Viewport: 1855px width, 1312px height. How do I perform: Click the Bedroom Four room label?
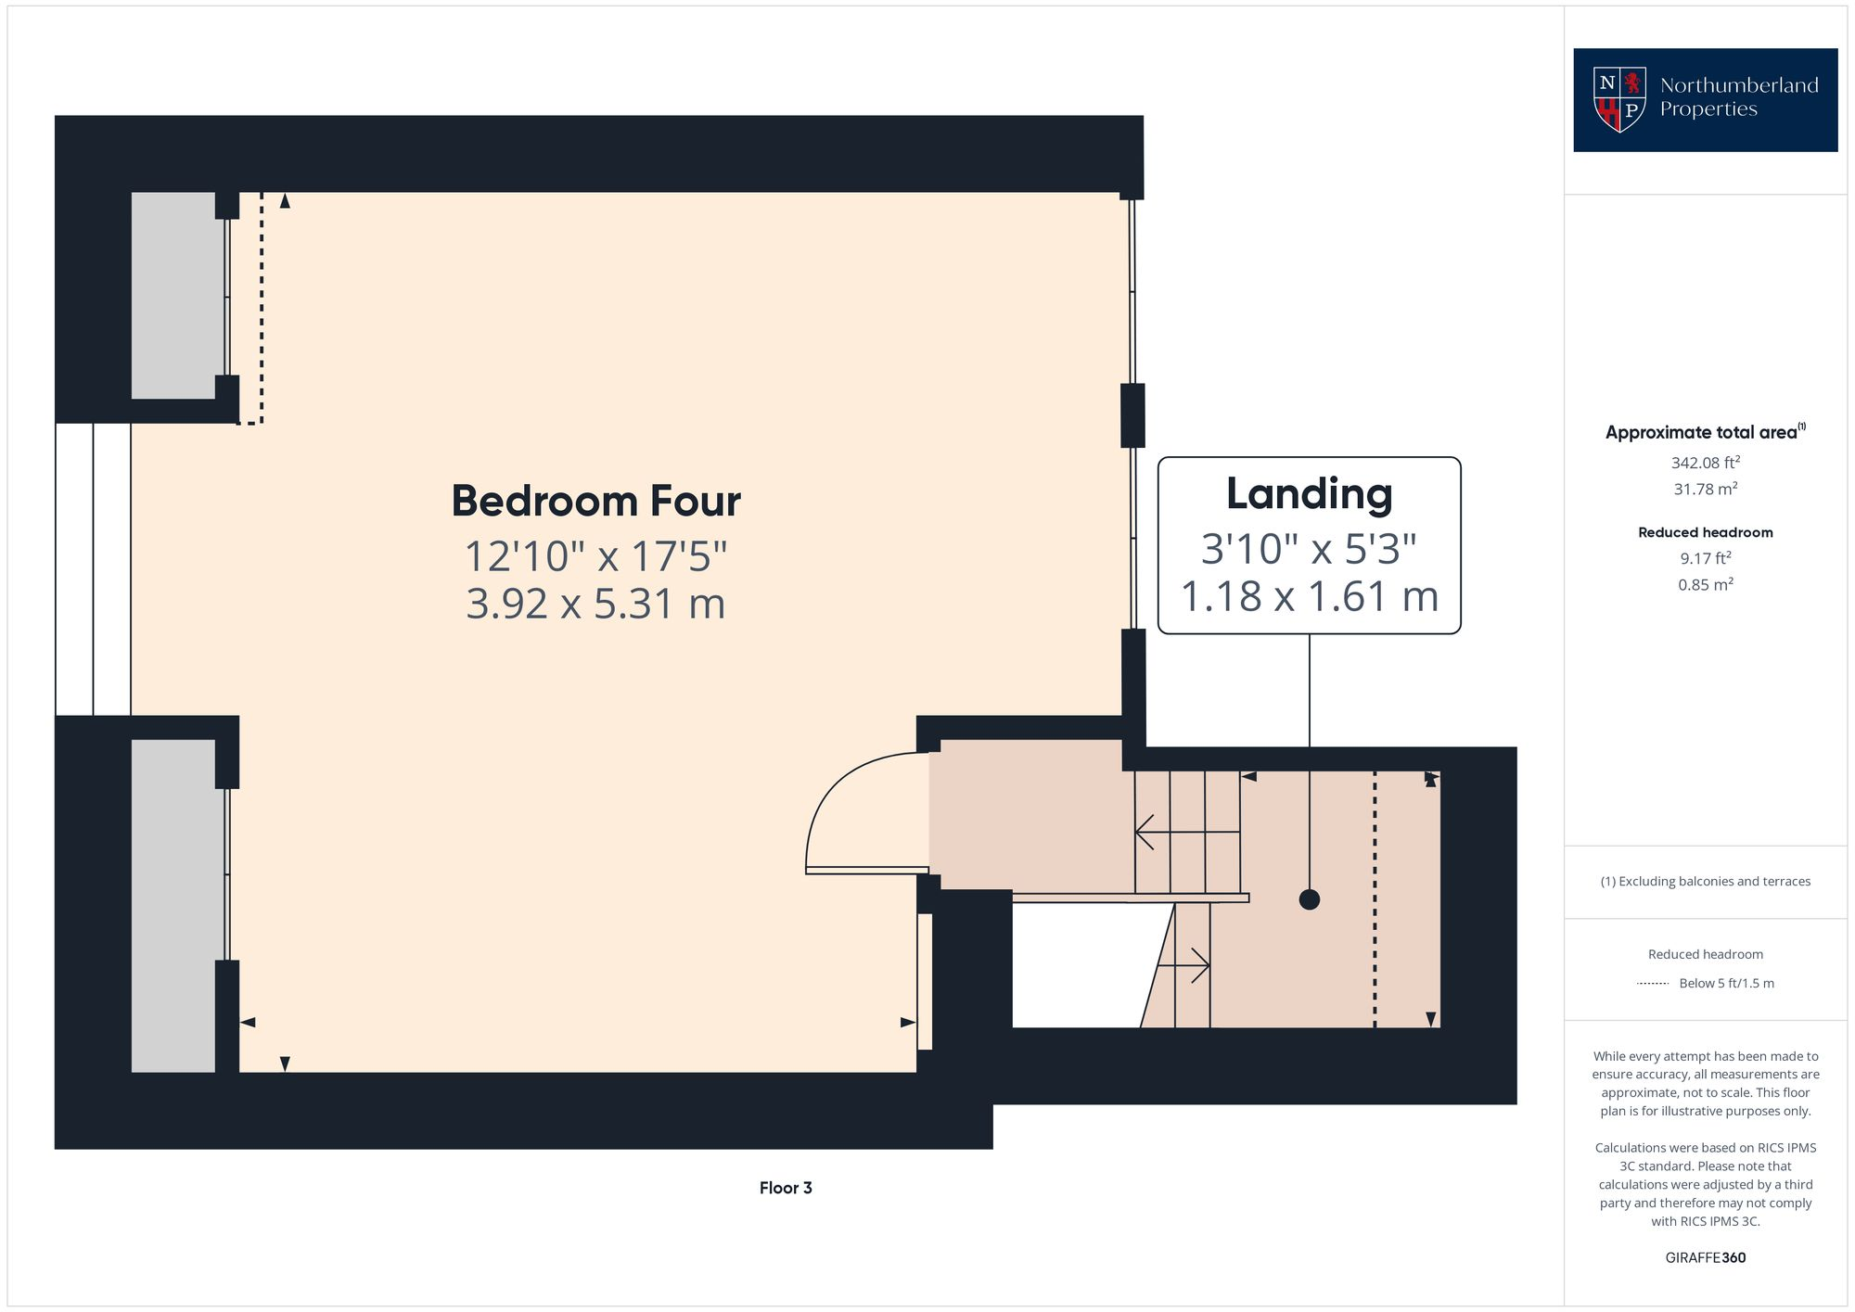pos(595,501)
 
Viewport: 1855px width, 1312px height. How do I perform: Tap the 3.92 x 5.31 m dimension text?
pos(595,604)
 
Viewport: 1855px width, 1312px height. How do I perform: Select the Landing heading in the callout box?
pos(1309,493)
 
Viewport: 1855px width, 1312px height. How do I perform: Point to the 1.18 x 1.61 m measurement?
pos(1309,596)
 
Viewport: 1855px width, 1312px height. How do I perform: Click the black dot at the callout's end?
pos(1309,899)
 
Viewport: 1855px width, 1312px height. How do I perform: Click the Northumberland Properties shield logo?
pos(1619,99)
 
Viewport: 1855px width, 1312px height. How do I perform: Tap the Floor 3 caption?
pos(786,1188)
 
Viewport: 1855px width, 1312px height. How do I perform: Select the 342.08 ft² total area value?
pos(1705,462)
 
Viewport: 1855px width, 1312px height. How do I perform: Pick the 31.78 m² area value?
pos(1705,489)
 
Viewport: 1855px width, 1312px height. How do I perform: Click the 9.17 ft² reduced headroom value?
pos(1705,558)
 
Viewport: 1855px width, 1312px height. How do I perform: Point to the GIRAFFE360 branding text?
pos(1705,1257)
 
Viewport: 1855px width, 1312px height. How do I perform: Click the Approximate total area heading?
pos(1705,432)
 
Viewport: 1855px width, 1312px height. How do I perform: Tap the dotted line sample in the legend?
pos(1653,984)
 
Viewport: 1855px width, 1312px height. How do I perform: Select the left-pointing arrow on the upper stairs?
pos(1145,833)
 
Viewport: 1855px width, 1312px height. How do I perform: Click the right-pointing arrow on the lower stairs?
pos(1200,966)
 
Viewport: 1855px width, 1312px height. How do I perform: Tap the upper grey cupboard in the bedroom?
pos(173,295)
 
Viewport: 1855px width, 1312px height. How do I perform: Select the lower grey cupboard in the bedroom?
pos(173,905)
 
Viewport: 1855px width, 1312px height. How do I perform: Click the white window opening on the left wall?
pos(93,569)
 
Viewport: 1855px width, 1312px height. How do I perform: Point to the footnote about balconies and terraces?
pos(1705,882)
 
